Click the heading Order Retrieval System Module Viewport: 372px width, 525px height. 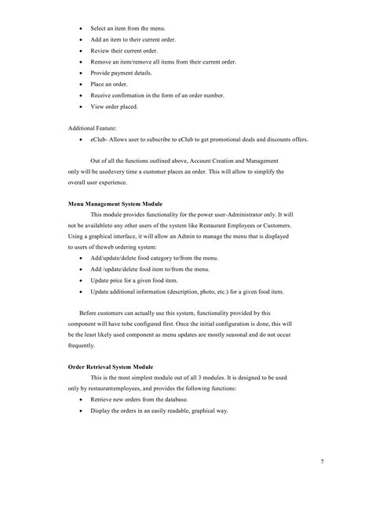(x=110, y=367)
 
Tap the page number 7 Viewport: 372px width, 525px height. (x=345, y=462)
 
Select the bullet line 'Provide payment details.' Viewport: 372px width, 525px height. (x=126, y=72)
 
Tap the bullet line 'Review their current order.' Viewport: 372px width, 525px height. (x=129, y=49)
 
